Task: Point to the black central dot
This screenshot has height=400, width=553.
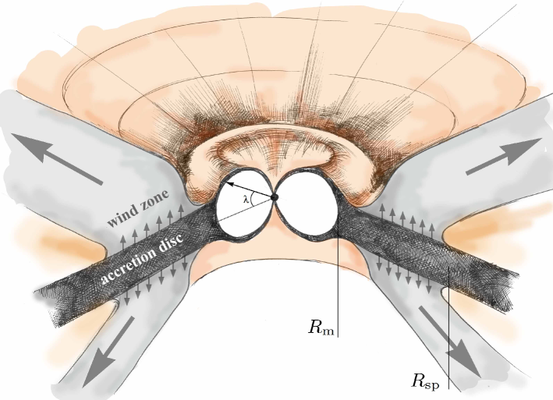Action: [x=274, y=197]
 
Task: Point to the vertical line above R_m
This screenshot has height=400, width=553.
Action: [x=338, y=273]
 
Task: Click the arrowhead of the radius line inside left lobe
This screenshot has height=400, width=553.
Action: [x=231, y=186]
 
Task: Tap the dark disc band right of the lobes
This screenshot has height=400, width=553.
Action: [x=421, y=245]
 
